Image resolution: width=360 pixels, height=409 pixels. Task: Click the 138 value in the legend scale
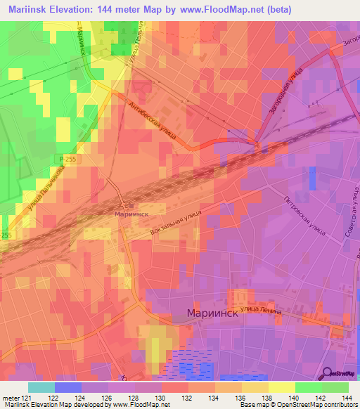tap(265, 397)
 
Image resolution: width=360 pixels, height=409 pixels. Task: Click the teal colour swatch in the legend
tap(41, 387)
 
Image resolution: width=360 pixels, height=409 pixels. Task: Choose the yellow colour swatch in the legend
tap(281, 387)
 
